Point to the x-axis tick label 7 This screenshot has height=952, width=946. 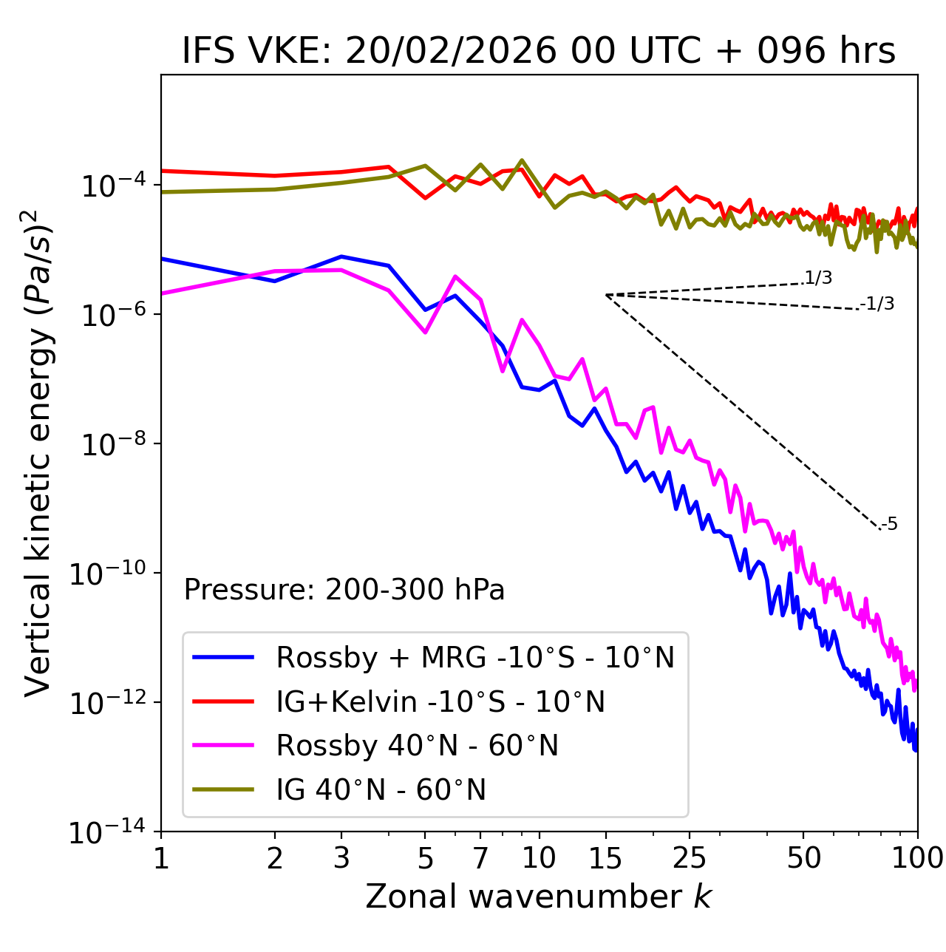pos(480,858)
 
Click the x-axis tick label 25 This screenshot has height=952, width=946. pos(690,858)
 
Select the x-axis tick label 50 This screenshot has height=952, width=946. pos(804,858)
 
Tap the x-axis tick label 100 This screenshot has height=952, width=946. pos(917,858)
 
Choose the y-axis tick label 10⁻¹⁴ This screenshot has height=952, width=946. pos(108,832)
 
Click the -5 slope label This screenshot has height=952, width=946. pos(890,525)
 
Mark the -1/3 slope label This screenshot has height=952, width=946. pos(878,304)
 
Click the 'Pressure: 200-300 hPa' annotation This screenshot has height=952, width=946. pos(344,590)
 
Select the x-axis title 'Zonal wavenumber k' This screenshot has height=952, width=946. pos(538,897)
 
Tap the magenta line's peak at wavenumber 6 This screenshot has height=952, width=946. pos(455,276)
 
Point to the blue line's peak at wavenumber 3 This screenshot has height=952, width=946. pos(341,256)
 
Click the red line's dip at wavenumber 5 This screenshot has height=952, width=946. pos(425,197)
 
